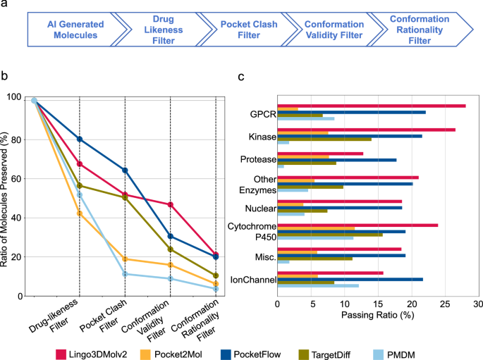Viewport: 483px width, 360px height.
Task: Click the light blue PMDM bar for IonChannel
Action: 318,285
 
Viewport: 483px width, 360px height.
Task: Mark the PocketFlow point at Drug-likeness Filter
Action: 80,139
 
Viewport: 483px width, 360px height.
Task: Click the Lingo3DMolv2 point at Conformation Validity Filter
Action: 170,204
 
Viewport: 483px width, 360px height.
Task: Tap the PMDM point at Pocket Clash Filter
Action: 125,274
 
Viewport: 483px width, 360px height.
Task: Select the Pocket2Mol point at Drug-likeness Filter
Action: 80,213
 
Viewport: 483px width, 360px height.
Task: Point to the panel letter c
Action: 242,76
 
